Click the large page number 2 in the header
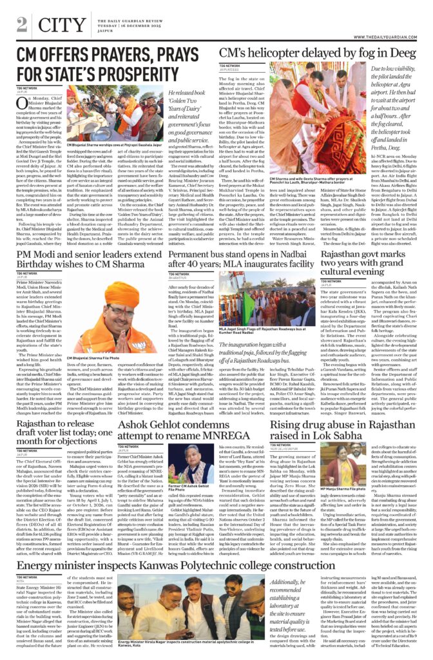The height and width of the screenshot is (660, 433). (x=23, y=24)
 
